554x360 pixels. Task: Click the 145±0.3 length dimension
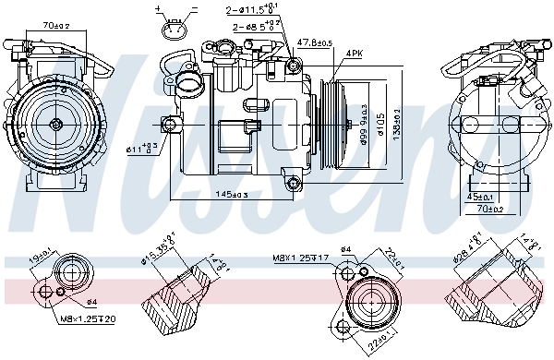pyautogui.click(x=232, y=194)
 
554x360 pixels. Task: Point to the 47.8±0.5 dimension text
pyautogui.click(x=314, y=42)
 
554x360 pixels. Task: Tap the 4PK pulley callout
pyautogui.click(x=354, y=54)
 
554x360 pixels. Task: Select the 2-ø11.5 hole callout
pyautogui.click(x=254, y=10)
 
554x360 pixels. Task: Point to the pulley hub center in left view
pyautogui.click(x=55, y=123)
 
